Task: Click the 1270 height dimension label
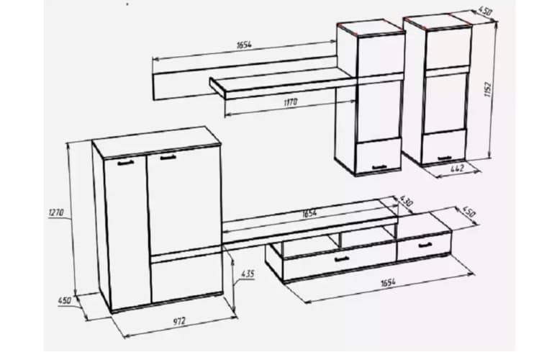pyautogui.click(x=56, y=212)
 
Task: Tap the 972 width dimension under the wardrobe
pyautogui.click(x=179, y=322)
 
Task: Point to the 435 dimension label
pyautogui.click(x=248, y=274)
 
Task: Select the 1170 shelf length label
pyautogui.click(x=291, y=102)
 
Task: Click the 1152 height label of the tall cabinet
pyautogui.click(x=488, y=89)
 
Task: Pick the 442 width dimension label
pyautogui.click(x=457, y=168)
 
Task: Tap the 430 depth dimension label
pyautogui.click(x=406, y=201)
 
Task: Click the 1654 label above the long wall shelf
pyautogui.click(x=244, y=45)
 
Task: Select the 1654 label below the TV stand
pyautogui.click(x=388, y=283)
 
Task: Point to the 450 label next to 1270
pyautogui.click(x=64, y=300)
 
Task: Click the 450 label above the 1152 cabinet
pyautogui.click(x=485, y=12)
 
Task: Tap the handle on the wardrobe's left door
pyautogui.click(x=126, y=163)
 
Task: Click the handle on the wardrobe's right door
pyautogui.click(x=168, y=158)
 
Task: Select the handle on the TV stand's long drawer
pyautogui.click(x=342, y=260)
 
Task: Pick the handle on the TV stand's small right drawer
pyautogui.click(x=425, y=245)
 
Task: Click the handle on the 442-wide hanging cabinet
pyautogui.click(x=445, y=158)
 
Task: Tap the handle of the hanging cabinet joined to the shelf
pyautogui.click(x=379, y=168)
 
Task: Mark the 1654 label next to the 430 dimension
pyautogui.click(x=309, y=214)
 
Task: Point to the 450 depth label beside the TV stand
pyautogui.click(x=469, y=212)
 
